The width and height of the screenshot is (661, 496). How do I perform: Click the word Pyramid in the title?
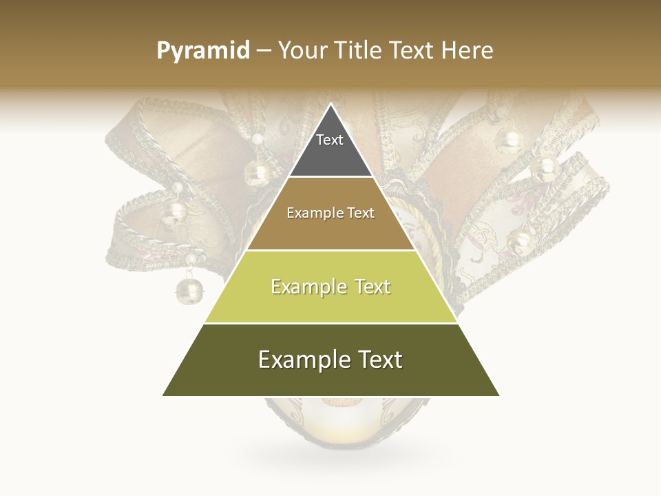coord(203,51)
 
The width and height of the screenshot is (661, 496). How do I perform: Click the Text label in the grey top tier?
coord(330,140)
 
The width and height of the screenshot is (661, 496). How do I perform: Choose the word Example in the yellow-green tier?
coord(307,287)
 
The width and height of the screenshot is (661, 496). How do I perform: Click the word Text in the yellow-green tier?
coord(372,287)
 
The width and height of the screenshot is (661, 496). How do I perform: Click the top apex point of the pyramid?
coord(331,105)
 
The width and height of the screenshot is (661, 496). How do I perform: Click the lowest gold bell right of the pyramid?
coord(519,242)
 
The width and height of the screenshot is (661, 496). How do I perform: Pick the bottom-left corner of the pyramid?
coord(163,395)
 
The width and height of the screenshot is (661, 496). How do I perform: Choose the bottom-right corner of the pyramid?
coord(499,395)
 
